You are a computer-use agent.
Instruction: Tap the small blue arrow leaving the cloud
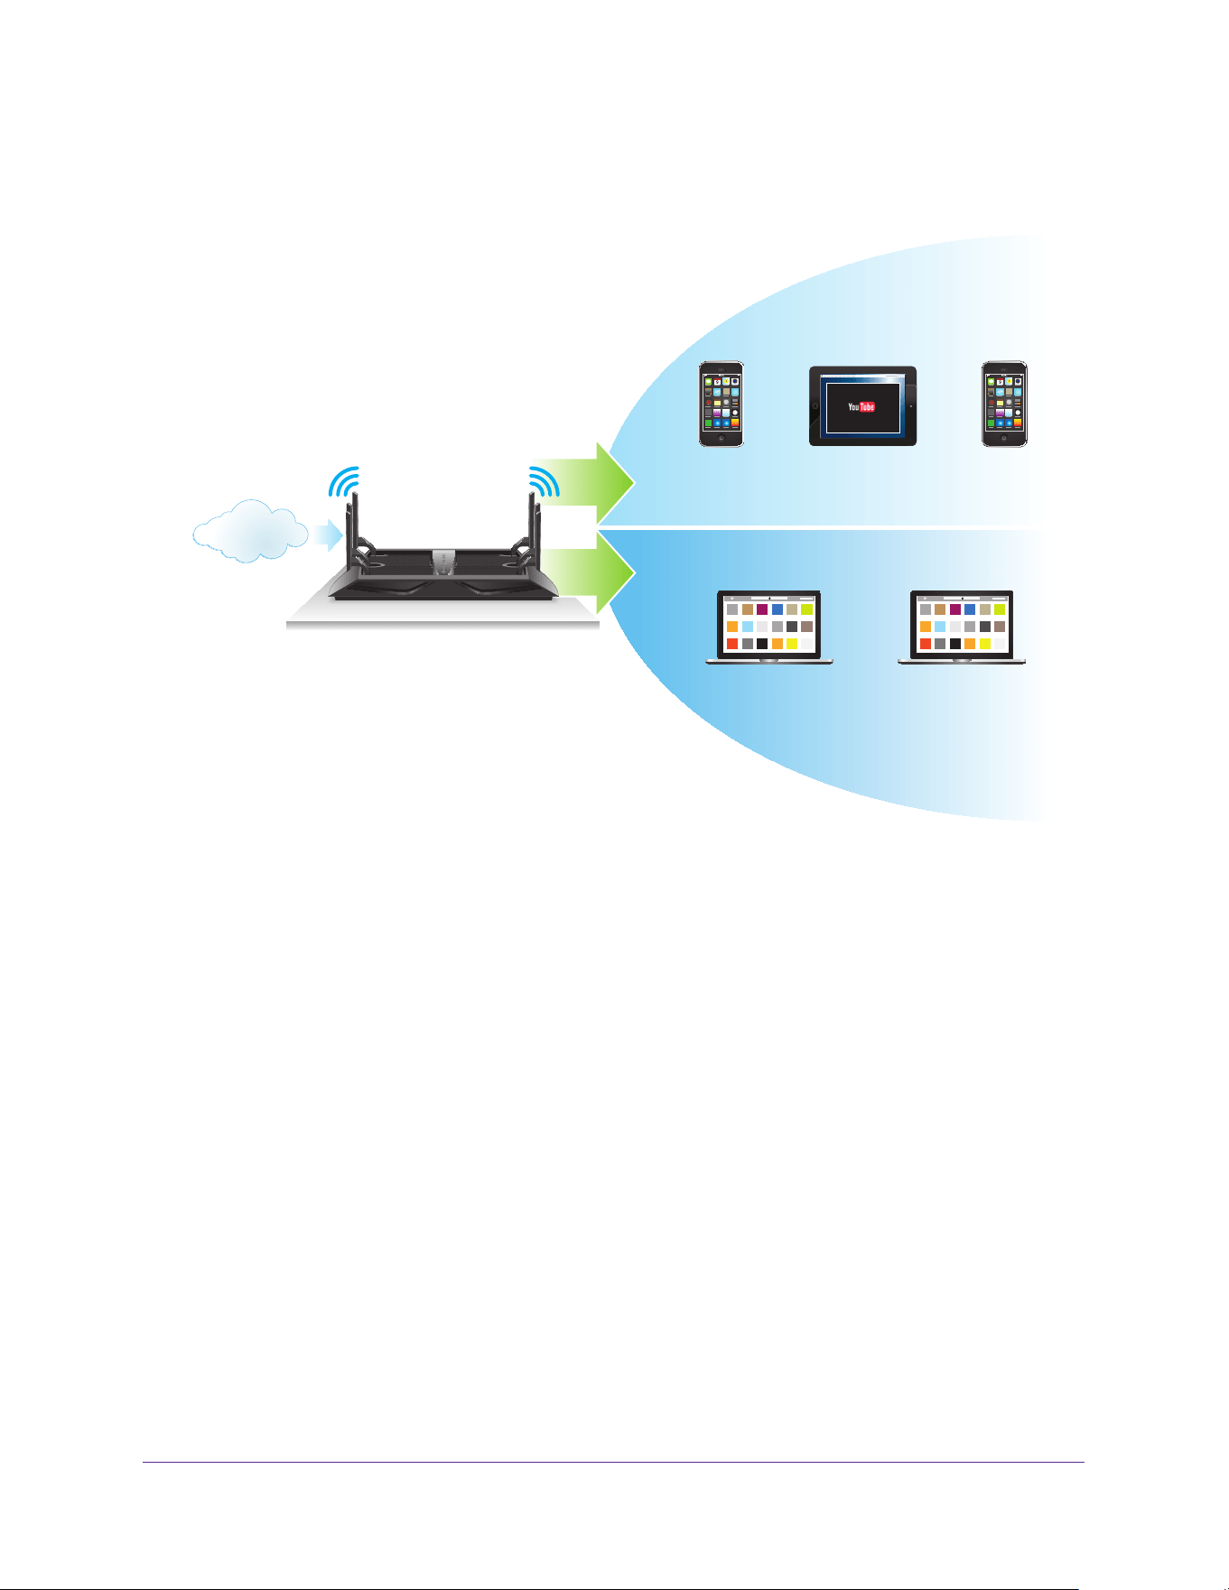(x=327, y=535)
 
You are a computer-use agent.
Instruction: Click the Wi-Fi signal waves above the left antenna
(x=345, y=482)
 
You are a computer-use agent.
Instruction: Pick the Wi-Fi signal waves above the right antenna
(x=544, y=482)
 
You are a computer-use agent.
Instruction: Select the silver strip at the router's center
(x=444, y=562)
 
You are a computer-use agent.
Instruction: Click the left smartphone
(x=722, y=404)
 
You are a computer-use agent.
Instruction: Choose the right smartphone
(x=1004, y=404)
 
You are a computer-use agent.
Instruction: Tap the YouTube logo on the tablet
(x=861, y=406)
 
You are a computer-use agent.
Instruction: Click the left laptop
(x=769, y=628)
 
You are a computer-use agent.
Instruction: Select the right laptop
(x=962, y=628)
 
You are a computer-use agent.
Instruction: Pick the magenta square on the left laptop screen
(x=762, y=609)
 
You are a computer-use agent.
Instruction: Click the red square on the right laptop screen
(x=926, y=644)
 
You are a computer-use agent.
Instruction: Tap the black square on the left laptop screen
(x=762, y=644)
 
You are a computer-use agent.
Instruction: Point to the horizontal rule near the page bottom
(x=613, y=1463)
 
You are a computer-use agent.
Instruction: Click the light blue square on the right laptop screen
(x=940, y=627)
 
